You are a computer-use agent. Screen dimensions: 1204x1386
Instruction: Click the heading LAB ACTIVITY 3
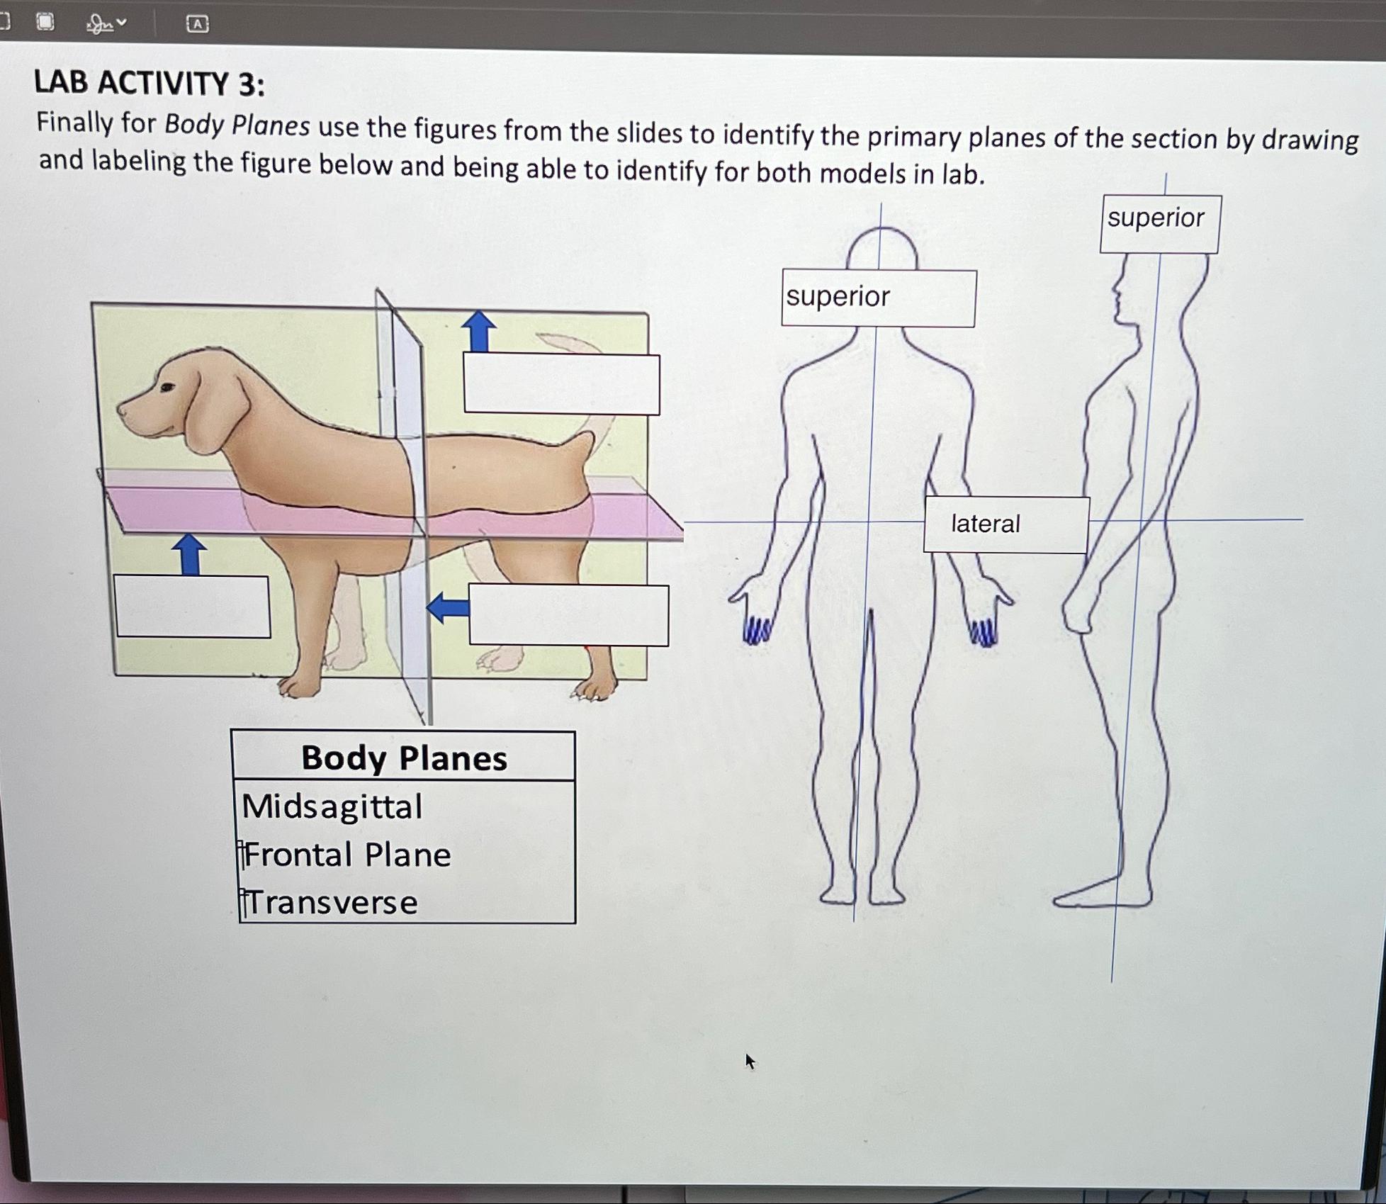pyautogui.click(x=150, y=84)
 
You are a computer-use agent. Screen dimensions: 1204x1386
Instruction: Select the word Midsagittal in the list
pyautogui.click(x=332, y=806)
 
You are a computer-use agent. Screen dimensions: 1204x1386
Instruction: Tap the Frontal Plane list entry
pyautogui.click(x=347, y=855)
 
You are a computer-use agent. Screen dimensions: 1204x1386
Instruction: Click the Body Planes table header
pyautogui.click(x=403, y=758)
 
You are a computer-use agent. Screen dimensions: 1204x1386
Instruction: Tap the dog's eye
pyautogui.click(x=167, y=387)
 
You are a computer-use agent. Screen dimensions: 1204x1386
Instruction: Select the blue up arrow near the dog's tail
pyautogui.click(x=479, y=332)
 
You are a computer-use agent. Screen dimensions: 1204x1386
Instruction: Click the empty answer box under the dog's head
pyautogui.click(x=193, y=607)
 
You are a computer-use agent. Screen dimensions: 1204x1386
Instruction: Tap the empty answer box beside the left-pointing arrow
pyautogui.click(x=568, y=615)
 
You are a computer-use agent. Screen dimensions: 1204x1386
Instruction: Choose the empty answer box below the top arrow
pyautogui.click(x=561, y=383)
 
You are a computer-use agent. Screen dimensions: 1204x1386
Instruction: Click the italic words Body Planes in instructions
pyautogui.click(x=237, y=125)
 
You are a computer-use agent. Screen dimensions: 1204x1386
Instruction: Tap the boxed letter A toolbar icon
pyautogui.click(x=197, y=25)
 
